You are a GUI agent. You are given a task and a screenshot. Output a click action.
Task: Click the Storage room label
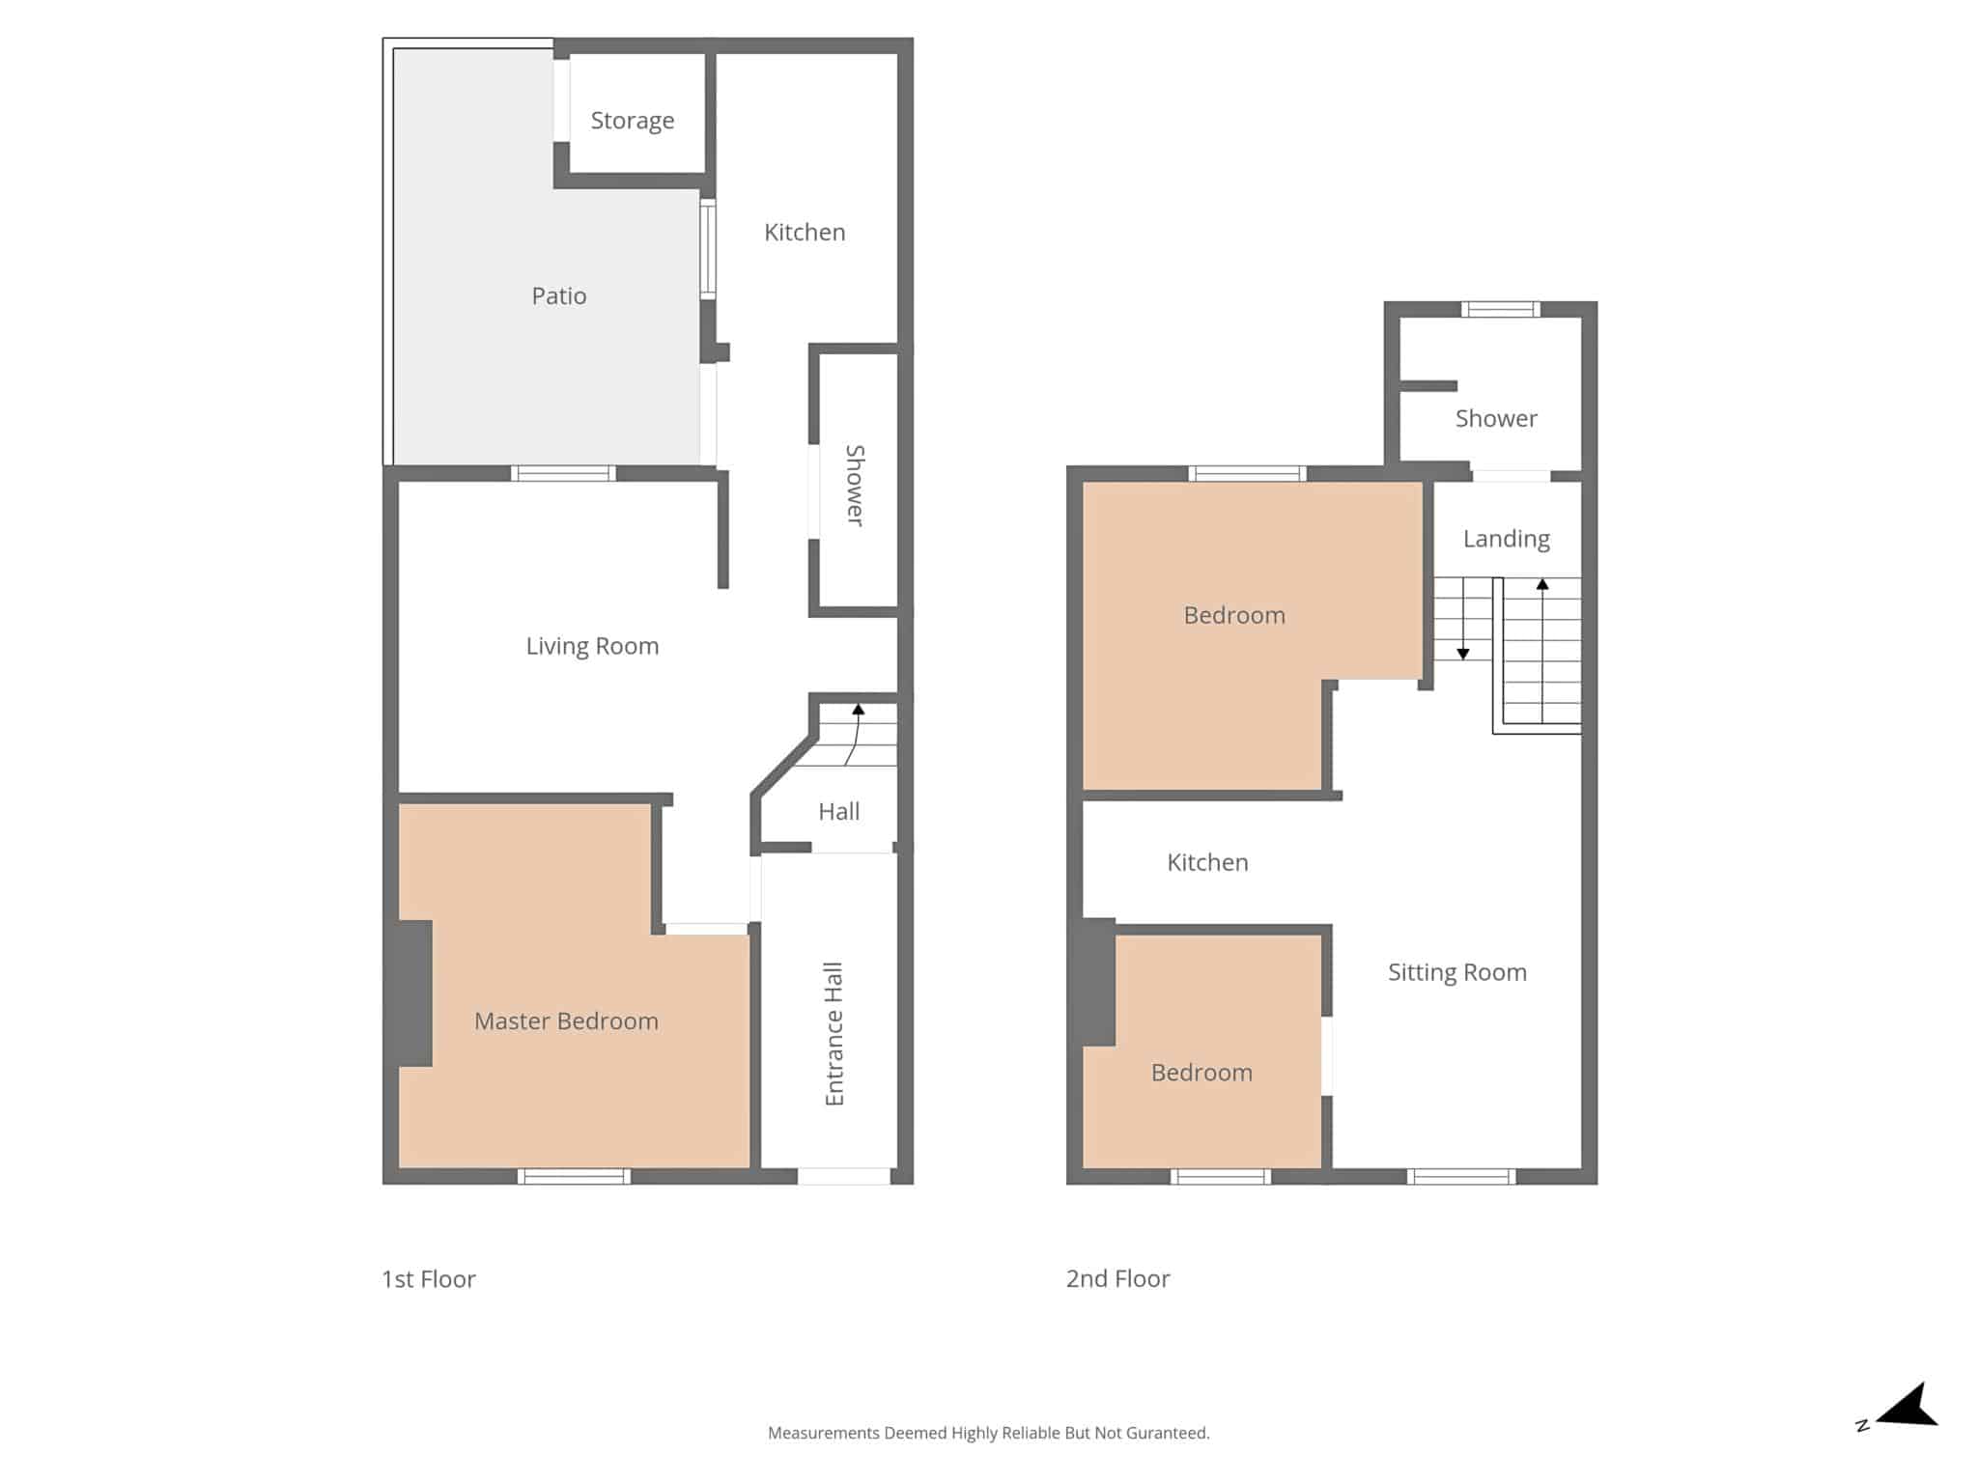633,121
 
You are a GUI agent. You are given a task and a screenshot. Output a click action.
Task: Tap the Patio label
559,295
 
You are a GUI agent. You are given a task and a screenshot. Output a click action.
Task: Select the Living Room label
592,646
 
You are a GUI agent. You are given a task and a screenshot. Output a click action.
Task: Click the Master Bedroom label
566,1021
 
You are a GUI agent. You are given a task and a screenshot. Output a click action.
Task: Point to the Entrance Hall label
834,1034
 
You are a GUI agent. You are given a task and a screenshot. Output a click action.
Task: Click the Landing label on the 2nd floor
1507,539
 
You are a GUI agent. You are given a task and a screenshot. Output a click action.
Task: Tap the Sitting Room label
1457,972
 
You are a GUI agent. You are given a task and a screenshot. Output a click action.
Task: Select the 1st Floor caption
429,1279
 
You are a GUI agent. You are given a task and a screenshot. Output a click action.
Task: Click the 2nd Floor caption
1117,1278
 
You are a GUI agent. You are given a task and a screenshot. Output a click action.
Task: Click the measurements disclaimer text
988,1433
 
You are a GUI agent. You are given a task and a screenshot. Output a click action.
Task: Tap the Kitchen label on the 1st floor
805,232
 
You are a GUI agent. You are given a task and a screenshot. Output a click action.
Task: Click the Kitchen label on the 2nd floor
1207,862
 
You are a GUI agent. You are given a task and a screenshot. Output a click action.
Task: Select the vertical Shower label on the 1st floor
855,486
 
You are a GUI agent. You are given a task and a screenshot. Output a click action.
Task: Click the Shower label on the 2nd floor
1496,418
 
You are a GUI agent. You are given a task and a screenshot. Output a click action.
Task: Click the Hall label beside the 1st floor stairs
838,812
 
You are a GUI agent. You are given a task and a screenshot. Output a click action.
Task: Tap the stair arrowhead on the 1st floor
858,710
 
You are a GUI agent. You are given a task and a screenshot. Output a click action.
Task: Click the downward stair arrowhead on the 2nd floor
1463,655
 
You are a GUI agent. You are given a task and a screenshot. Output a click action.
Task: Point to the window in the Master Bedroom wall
574,1176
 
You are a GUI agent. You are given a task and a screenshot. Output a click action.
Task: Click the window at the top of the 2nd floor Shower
1500,309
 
